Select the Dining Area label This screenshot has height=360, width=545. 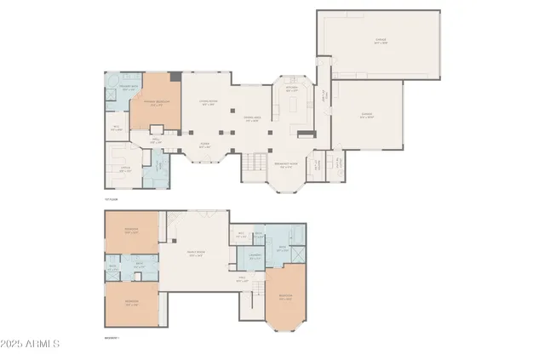[x=252, y=119]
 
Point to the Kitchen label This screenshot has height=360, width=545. [x=292, y=89]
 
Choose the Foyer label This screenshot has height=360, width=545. [x=204, y=146]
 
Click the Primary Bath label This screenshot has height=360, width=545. [x=129, y=89]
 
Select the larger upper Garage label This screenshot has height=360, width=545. [x=379, y=41]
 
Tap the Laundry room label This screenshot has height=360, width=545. [x=255, y=257]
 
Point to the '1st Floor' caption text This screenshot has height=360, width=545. [x=109, y=198]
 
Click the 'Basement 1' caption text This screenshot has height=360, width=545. [x=112, y=338]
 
